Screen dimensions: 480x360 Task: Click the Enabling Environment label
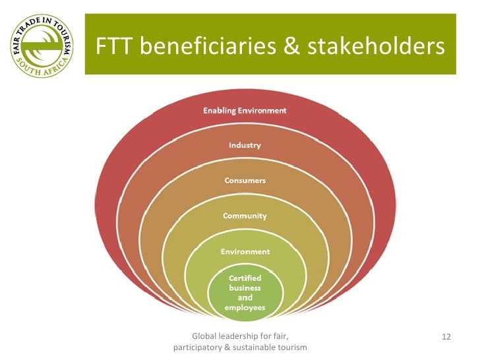(245, 110)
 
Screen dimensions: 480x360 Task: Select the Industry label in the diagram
(245, 145)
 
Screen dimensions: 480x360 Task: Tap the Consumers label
(245, 180)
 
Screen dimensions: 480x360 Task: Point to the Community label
(245, 216)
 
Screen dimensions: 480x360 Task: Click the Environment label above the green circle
(245, 251)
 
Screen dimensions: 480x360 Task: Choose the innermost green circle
(245, 293)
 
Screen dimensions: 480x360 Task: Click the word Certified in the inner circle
(245, 278)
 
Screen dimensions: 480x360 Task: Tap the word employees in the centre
(245, 307)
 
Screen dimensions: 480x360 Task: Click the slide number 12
(446, 338)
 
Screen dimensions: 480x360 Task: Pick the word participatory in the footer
(197, 347)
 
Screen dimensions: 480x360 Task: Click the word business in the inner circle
(245, 287)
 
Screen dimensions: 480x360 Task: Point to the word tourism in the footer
(293, 347)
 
